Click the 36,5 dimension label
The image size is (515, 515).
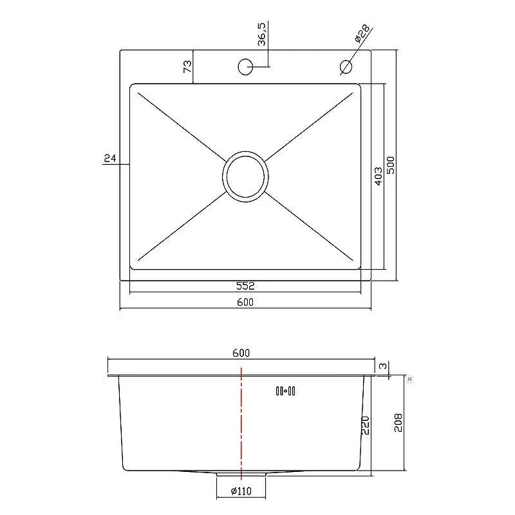pos(262,34)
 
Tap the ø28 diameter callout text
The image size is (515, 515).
pos(362,33)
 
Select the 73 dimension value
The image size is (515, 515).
pos(187,66)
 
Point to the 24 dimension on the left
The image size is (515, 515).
pos(110,158)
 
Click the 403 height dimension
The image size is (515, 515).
pos(379,176)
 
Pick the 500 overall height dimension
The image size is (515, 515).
pos(391,165)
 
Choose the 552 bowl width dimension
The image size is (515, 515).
pos(245,286)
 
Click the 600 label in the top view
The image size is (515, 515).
pos(245,302)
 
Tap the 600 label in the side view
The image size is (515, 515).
pos(241,353)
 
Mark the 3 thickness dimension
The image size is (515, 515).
pos(383,366)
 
